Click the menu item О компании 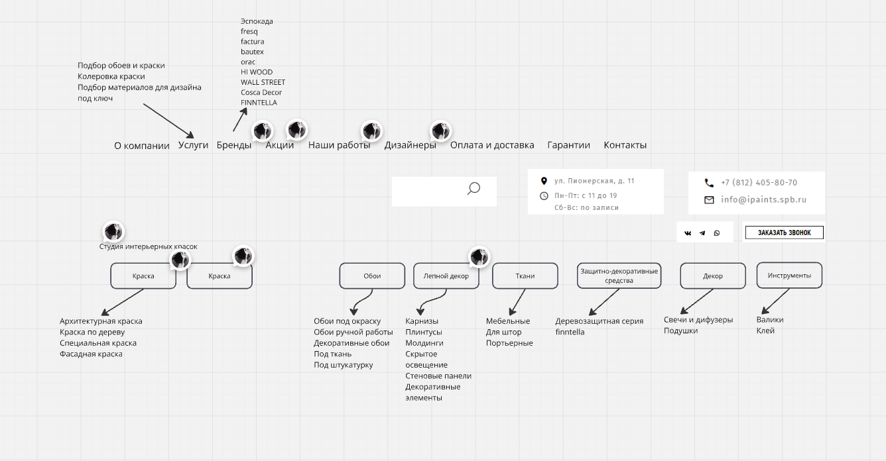[x=142, y=146]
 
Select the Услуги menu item [x=193, y=145]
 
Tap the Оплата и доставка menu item [x=492, y=145]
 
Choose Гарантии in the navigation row [x=568, y=145]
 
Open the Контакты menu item [x=625, y=145]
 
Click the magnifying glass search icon [x=474, y=189]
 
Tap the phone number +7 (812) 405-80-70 [x=759, y=183]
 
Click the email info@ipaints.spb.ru [x=763, y=199]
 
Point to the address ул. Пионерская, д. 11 [x=594, y=181]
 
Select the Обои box [x=372, y=276]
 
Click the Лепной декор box [x=446, y=276]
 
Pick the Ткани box [x=525, y=276]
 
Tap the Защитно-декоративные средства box [x=619, y=276]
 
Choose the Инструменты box [x=789, y=276]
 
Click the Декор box [x=713, y=276]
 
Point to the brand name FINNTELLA [x=259, y=103]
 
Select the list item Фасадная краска [x=91, y=354]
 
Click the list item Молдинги [x=424, y=343]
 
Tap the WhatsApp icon [x=717, y=233]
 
